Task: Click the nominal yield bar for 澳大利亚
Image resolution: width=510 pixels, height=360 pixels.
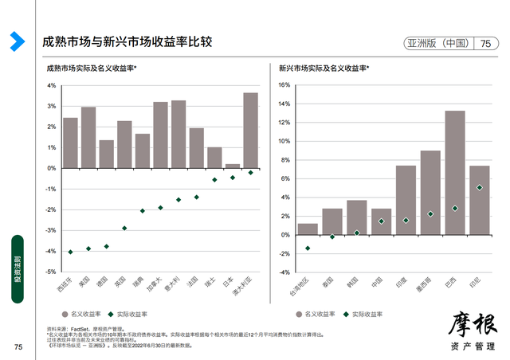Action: tap(250, 131)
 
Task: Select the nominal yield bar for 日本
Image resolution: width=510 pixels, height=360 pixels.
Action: tap(233, 166)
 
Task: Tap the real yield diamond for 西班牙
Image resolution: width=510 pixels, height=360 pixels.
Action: tap(70, 252)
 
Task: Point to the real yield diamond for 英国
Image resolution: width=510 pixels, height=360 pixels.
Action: tap(124, 228)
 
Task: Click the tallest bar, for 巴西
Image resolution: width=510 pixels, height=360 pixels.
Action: tap(455, 173)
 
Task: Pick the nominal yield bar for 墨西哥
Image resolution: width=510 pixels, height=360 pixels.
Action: tap(430, 193)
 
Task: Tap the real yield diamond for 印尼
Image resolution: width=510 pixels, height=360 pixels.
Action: tap(479, 188)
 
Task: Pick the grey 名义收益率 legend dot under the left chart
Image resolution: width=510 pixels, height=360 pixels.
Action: tap(66, 314)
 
